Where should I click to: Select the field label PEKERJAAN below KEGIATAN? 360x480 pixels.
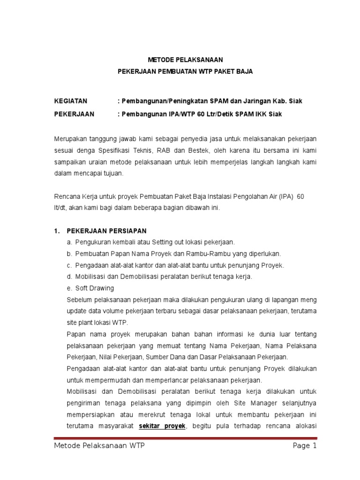tap(74, 114)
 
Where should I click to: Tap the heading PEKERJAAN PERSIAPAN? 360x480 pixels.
tap(107, 231)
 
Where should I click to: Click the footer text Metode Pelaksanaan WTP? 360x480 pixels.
tap(98, 446)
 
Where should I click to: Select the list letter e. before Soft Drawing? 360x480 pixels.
tap(69, 288)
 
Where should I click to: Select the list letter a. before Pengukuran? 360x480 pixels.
tap(69, 242)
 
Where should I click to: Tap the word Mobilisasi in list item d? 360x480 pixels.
tap(90, 277)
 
